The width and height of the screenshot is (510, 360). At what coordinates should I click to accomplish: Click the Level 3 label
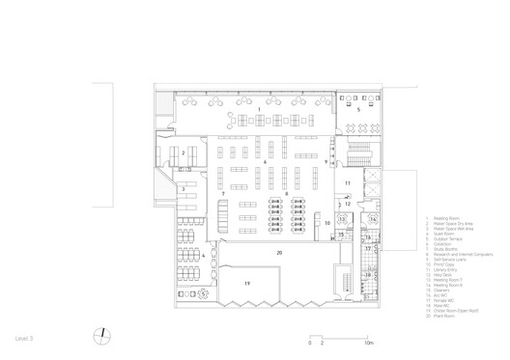click(x=25, y=339)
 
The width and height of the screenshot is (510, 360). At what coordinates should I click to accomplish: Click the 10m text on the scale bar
click(x=368, y=343)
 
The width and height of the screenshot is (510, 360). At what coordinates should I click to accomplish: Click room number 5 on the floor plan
click(x=357, y=111)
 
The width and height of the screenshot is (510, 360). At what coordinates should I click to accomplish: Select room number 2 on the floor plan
click(x=183, y=153)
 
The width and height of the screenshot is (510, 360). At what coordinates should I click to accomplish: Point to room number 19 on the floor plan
click(x=247, y=284)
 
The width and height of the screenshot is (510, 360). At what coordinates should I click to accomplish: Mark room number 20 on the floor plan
click(x=279, y=252)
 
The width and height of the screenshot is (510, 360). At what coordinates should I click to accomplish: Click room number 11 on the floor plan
click(x=348, y=182)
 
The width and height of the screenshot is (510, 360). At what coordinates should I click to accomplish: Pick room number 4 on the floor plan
click(x=203, y=255)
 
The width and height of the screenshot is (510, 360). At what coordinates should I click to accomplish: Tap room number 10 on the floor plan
click(x=327, y=223)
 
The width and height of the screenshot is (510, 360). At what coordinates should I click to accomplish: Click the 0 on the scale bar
click(x=311, y=343)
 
